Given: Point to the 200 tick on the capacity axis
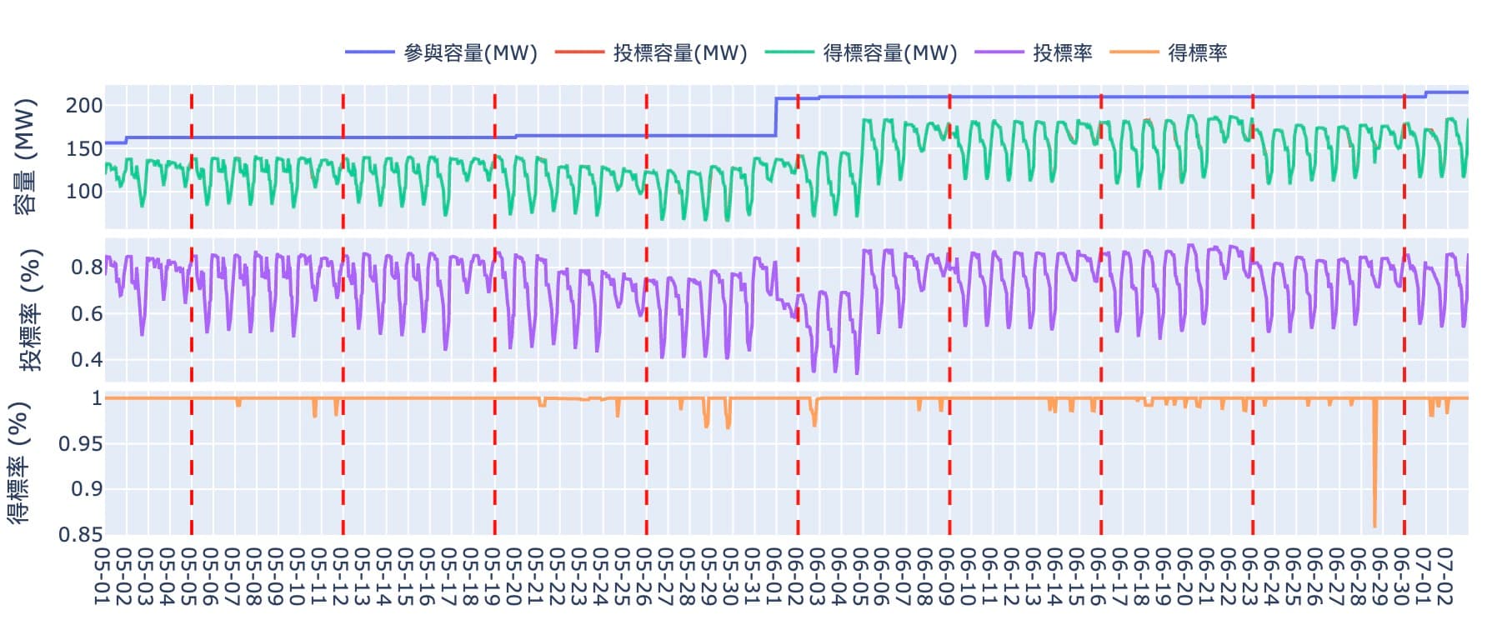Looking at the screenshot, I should pyautogui.click(x=84, y=106).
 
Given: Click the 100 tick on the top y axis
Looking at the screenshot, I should pyautogui.click(x=84, y=192).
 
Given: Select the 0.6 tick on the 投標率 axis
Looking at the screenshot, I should pyautogui.click(x=87, y=314).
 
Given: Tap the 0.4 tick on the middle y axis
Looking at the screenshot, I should pyautogui.click(x=87, y=360).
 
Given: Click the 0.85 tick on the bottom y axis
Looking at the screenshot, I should pyautogui.click(x=81, y=534).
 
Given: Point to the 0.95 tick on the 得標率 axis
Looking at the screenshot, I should pyautogui.click(x=81, y=443).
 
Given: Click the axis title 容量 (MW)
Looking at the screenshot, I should pyautogui.click(x=26, y=157).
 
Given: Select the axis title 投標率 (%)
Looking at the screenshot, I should pyautogui.click(x=30, y=310).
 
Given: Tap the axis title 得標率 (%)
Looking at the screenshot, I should pyautogui.click(x=18, y=462).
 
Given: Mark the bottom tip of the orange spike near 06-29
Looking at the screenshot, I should pyautogui.click(x=1374, y=527).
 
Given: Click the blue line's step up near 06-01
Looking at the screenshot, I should pyautogui.click(x=776, y=117).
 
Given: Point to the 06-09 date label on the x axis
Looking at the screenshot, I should pyautogui.click(x=949, y=577).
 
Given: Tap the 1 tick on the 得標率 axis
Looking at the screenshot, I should pyautogui.click(x=97, y=398).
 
